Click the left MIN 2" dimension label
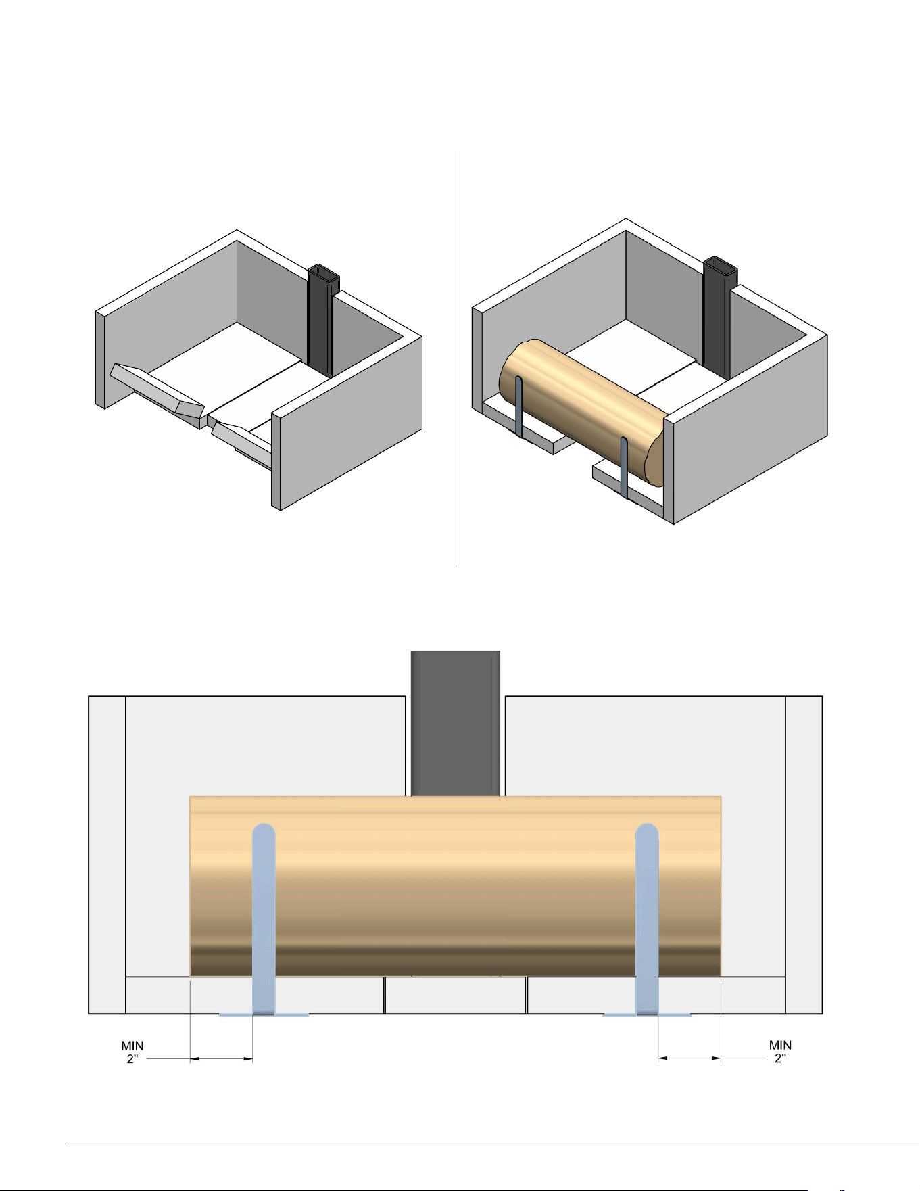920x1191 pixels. coord(132,1052)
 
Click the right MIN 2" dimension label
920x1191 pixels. coord(780,1052)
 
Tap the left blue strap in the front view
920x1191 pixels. coord(264,919)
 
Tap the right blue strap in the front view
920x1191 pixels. coord(647,919)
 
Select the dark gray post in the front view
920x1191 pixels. coord(456,723)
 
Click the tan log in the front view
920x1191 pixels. coord(456,886)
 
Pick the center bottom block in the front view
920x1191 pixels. coord(456,996)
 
